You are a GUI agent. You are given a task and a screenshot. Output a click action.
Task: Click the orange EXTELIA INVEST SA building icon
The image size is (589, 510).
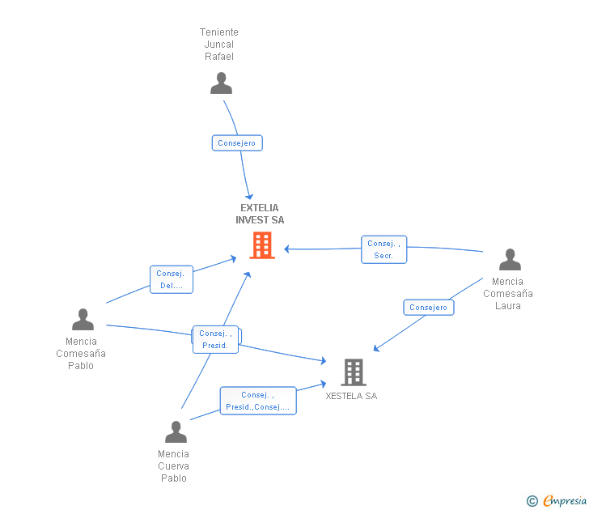click(262, 244)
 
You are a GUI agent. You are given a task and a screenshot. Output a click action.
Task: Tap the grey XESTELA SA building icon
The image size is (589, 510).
click(354, 372)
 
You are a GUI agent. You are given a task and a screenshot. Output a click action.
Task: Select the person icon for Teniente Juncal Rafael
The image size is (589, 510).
click(221, 83)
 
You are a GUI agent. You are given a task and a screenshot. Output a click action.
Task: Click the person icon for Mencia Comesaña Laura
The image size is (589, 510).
click(510, 260)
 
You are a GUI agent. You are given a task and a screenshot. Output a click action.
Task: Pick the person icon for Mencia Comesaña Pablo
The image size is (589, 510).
click(83, 320)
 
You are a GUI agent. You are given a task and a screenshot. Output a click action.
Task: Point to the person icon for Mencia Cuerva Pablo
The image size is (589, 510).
click(176, 432)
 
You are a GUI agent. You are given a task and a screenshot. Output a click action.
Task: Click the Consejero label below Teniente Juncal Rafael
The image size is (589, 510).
click(237, 143)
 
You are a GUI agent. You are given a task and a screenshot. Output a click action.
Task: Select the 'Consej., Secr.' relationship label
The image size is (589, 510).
click(383, 249)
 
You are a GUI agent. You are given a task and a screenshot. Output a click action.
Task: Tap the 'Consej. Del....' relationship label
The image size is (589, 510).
click(172, 279)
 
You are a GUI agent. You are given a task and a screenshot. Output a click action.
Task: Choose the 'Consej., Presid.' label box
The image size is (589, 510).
click(215, 339)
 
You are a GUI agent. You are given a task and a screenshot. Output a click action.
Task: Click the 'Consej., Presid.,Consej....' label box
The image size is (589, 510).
click(258, 401)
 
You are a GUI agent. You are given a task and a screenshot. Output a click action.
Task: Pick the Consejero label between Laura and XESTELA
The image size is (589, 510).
click(428, 308)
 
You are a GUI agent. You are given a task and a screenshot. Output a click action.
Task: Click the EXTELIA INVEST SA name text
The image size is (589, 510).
click(260, 214)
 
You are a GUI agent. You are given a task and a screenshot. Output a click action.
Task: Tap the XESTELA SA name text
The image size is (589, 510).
click(351, 396)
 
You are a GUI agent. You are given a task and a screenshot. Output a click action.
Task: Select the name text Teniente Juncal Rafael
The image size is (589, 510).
click(219, 45)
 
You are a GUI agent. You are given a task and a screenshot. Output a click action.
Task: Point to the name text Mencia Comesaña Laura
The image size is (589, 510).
click(508, 294)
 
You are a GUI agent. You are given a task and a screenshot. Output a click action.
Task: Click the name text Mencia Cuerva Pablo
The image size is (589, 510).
click(173, 465)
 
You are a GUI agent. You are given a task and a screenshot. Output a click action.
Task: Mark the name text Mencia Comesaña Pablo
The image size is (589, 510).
click(81, 353)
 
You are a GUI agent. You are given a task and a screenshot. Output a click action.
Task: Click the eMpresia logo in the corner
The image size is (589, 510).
click(564, 500)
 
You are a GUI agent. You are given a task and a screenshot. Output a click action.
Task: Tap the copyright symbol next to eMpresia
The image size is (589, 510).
click(532, 501)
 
